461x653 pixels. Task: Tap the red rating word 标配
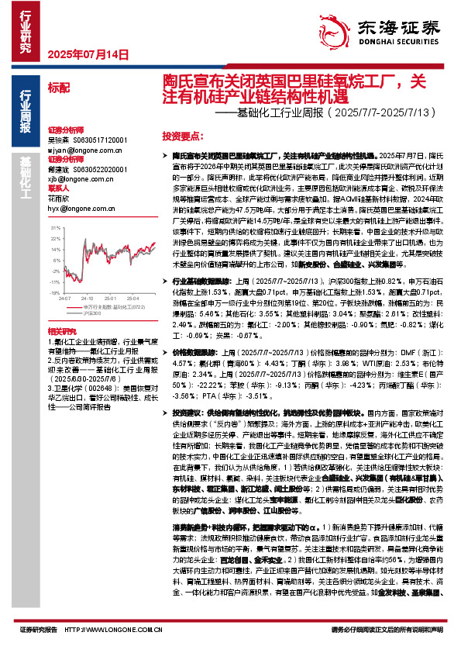point(58,87)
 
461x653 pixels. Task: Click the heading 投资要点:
point(181,134)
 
